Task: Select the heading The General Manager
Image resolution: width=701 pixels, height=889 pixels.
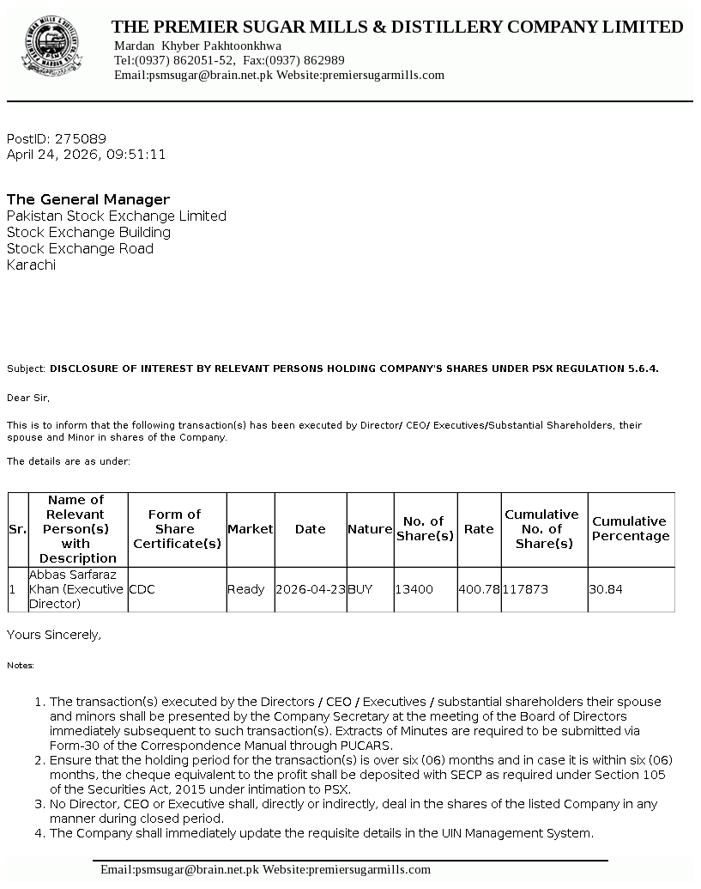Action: click(x=88, y=199)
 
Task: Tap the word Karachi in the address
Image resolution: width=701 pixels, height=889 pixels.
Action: click(x=31, y=265)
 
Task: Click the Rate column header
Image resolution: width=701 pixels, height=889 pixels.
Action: click(x=479, y=529)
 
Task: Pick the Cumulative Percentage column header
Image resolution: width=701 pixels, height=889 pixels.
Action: click(x=631, y=529)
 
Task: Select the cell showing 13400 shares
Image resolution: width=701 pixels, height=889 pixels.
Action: click(x=414, y=590)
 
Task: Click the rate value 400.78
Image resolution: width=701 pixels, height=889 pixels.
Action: click(x=479, y=590)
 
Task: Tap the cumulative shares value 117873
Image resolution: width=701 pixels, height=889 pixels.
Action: click(x=525, y=590)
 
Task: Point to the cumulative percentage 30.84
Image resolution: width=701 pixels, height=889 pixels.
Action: click(x=605, y=590)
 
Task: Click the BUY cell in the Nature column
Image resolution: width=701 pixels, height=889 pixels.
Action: click(x=360, y=590)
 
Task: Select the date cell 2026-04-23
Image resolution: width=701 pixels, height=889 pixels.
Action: click(x=311, y=590)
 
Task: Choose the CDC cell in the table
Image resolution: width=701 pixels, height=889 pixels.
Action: click(x=142, y=590)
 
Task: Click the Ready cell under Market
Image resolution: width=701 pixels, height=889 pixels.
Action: click(x=245, y=590)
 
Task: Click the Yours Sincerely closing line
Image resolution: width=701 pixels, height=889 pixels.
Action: click(x=54, y=635)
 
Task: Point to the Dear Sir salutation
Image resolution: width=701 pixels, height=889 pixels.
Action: click(x=28, y=398)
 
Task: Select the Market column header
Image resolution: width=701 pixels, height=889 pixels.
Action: click(x=250, y=529)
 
